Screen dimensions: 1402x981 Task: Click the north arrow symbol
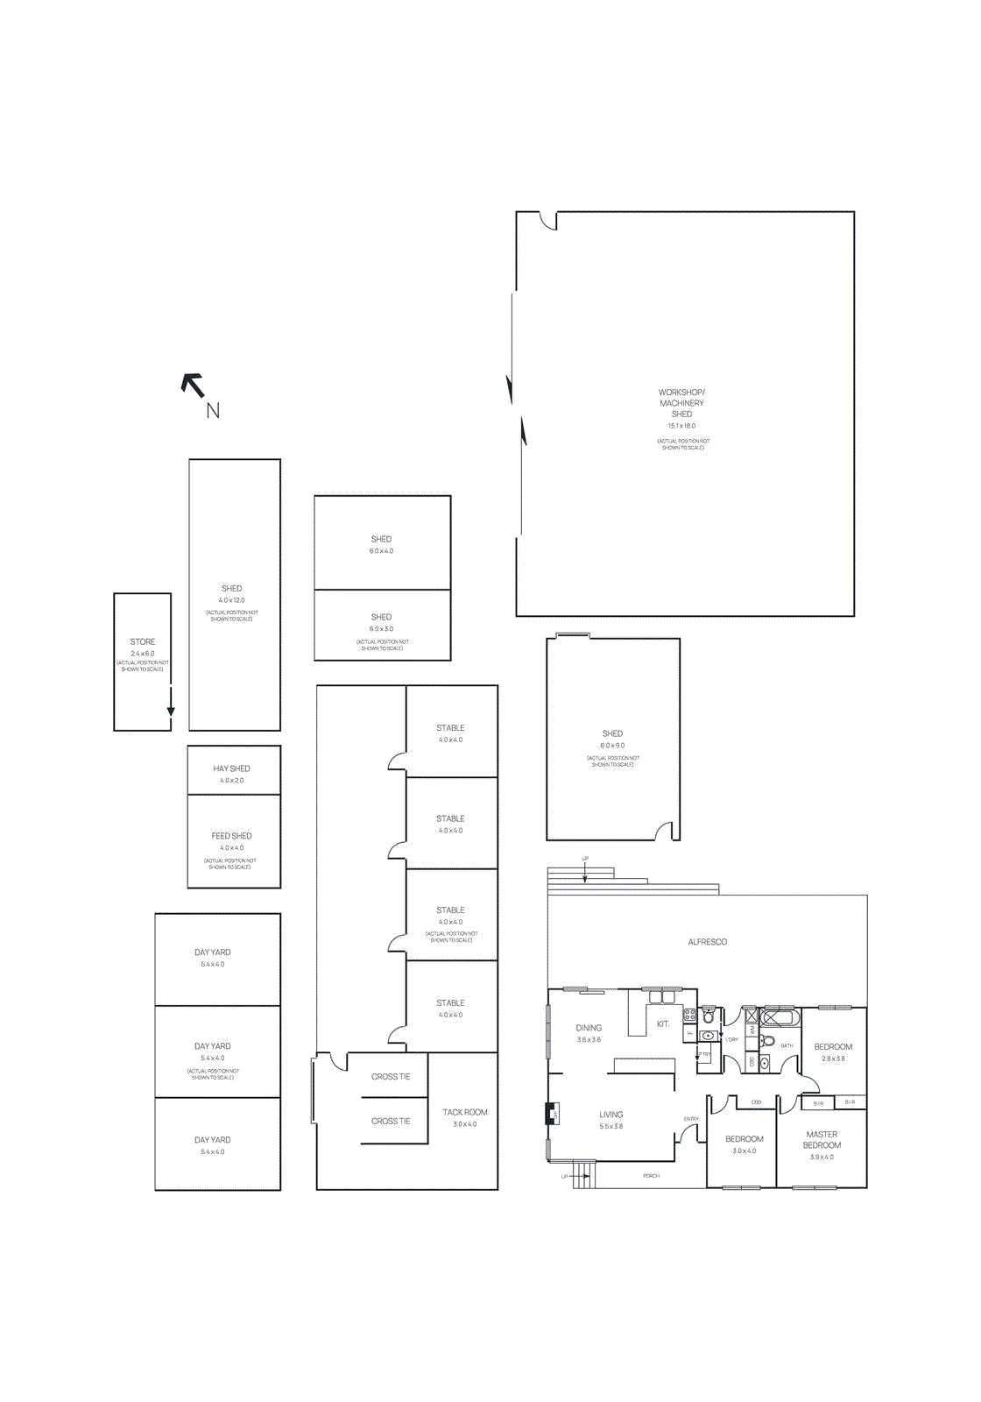coord(194,386)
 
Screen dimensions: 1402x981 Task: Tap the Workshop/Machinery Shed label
coord(681,403)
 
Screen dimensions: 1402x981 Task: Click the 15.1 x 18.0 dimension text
coord(681,426)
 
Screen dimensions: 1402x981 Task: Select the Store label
coord(143,641)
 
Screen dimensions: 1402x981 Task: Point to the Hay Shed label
coord(231,768)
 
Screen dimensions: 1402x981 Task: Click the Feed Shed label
coord(231,836)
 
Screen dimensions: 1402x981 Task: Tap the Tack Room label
coord(464,1112)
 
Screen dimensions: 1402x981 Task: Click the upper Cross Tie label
coord(391,1076)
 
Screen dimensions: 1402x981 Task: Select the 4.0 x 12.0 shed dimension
coord(232,600)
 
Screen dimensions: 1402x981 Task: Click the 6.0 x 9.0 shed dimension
coord(612,746)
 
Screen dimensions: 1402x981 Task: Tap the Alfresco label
coord(707,942)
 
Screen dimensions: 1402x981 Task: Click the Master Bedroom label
coord(822,1139)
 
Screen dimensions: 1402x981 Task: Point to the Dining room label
coord(589,1028)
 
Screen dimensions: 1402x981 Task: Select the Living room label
coord(610,1115)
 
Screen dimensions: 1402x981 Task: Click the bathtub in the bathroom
coord(780,1017)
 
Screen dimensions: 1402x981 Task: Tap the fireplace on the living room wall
coord(553,1114)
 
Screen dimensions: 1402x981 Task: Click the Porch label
coord(651,1176)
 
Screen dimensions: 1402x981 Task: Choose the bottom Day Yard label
coord(212,1140)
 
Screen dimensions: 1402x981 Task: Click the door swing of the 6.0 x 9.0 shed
coord(667,831)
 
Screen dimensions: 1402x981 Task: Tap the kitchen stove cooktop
coord(689,1015)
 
